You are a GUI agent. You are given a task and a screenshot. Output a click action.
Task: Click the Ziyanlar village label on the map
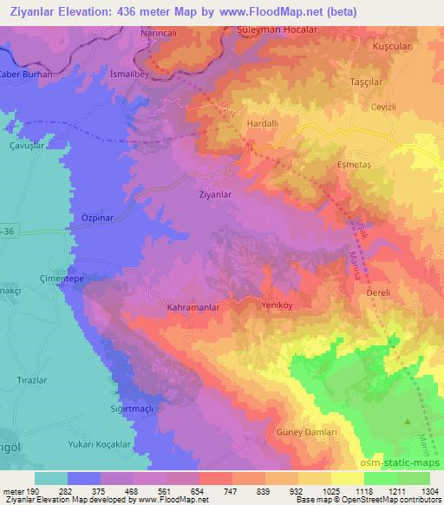[x=216, y=195]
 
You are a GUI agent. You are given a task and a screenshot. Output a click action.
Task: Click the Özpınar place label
[x=98, y=218]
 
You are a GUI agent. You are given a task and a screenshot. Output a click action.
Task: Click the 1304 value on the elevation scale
[x=429, y=493]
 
